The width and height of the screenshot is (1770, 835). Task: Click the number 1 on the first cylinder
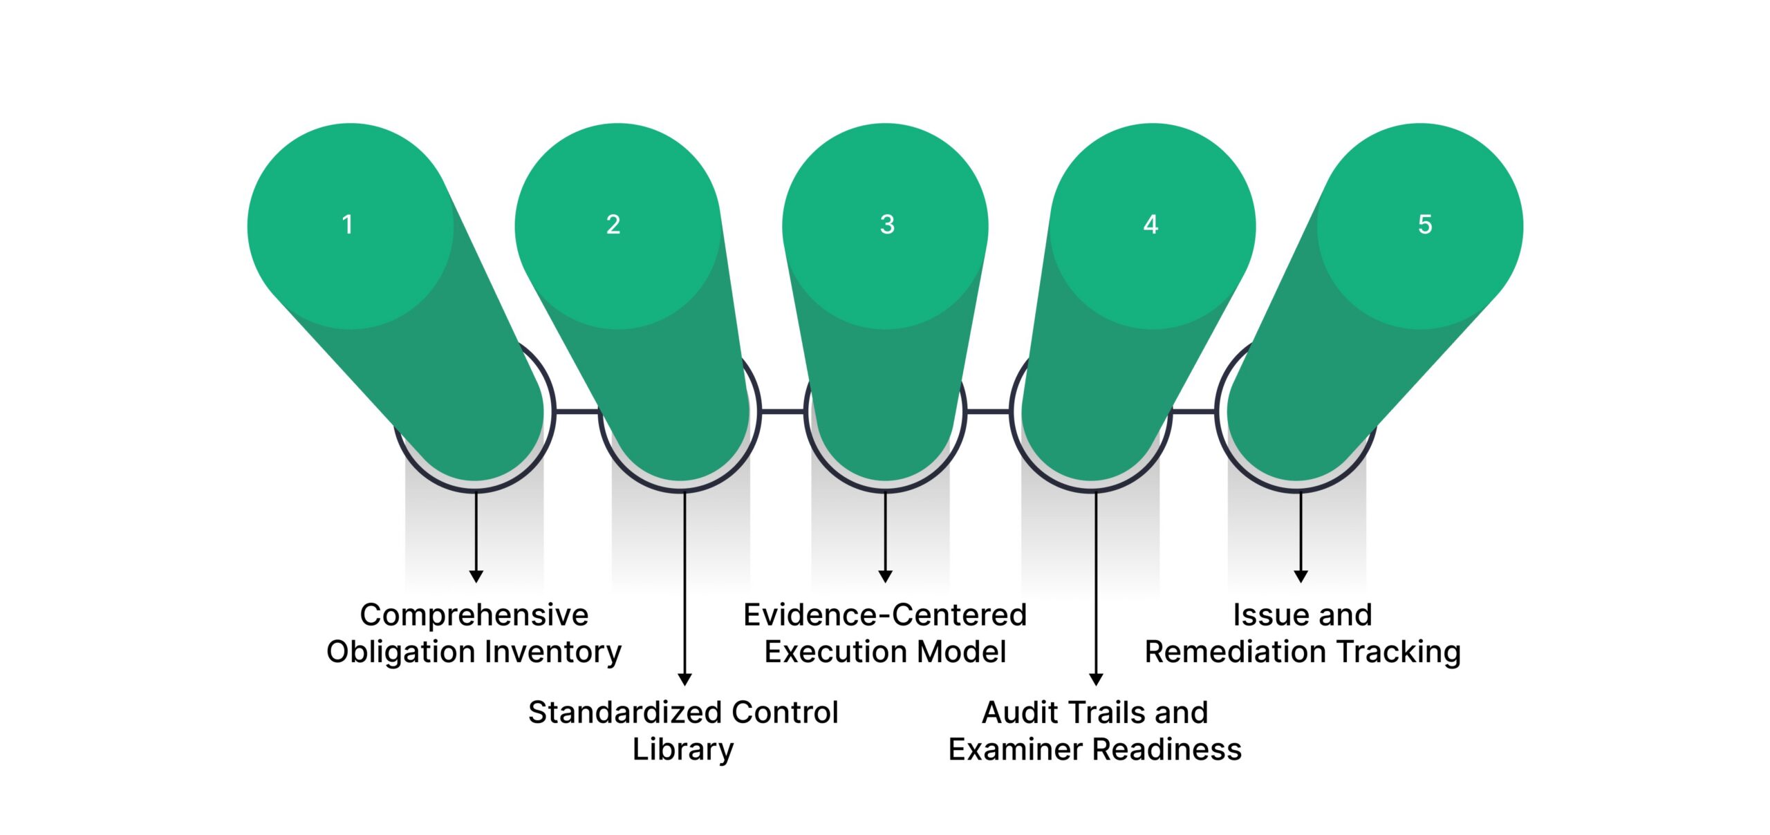348,224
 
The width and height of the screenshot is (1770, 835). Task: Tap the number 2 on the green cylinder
613,224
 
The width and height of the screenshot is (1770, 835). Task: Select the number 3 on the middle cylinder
887,224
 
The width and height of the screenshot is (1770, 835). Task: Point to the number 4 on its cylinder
1150,224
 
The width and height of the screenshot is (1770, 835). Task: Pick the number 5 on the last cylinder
1425,224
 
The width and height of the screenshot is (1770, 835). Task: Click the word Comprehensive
474,614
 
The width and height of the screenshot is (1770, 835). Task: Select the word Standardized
615,712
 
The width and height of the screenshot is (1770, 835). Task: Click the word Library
683,749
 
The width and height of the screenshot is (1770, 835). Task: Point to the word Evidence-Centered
885,614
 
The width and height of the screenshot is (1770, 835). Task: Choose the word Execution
828,652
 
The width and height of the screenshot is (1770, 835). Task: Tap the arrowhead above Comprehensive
476,576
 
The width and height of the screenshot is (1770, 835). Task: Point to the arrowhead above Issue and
1301,576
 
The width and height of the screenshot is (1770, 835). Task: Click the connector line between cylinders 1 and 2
577,411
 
